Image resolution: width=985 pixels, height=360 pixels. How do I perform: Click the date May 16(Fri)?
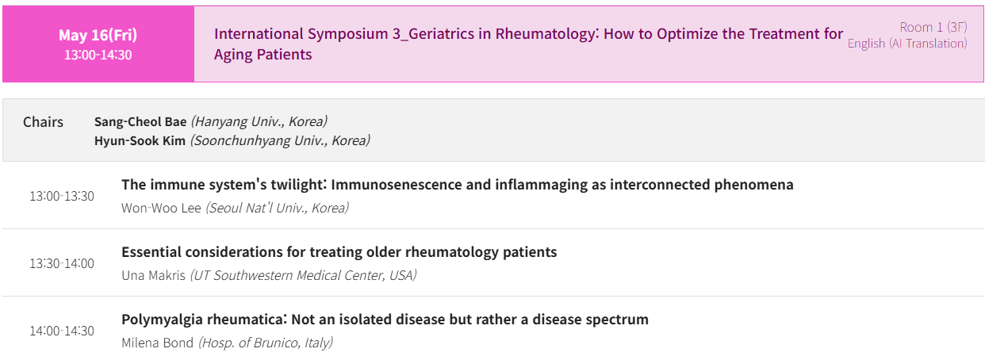pos(98,35)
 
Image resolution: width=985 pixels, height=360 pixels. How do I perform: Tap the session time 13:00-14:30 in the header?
pos(98,55)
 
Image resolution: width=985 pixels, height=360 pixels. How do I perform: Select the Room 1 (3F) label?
pos(933,27)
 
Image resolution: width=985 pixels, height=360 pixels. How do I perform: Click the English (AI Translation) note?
pos(907,44)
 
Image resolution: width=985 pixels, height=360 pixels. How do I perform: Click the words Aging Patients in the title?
pos(263,55)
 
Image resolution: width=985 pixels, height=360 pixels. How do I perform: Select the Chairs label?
pos(43,122)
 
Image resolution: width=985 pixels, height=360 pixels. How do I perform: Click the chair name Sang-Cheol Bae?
pos(140,122)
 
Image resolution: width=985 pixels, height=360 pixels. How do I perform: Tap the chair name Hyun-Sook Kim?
pos(140,140)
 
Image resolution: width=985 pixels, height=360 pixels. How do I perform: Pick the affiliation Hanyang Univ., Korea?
pos(259,121)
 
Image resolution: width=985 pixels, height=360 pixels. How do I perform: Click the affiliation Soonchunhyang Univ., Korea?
pos(280,140)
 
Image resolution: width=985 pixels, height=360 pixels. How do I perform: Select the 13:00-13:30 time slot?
pos(62,196)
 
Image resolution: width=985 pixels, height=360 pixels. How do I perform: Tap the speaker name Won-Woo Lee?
pos(161,208)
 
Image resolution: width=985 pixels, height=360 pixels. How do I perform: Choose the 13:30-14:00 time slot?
pos(62,263)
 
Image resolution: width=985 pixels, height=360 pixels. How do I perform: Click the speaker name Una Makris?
pos(153,275)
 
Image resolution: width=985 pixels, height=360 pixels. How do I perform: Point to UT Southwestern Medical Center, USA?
pos(304,275)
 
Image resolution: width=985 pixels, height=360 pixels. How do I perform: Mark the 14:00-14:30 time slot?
pos(62,331)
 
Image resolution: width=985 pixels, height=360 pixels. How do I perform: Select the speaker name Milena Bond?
pos(157,343)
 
